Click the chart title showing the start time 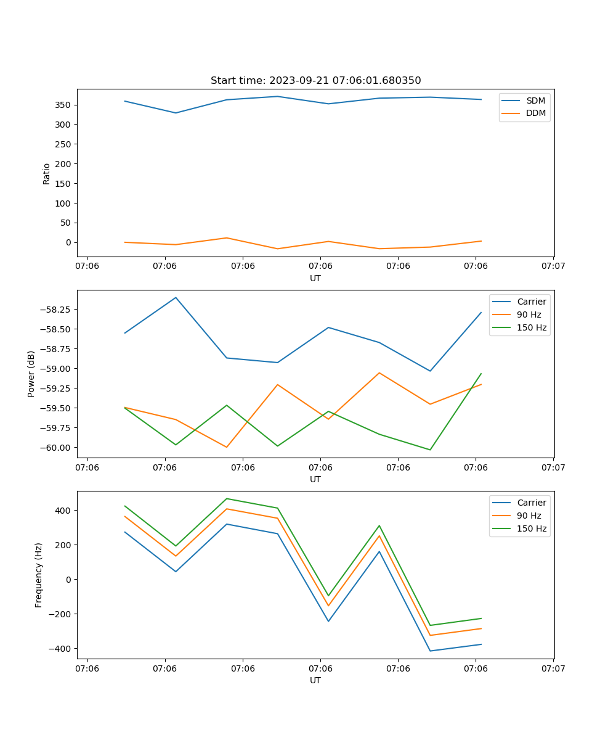coord(315,81)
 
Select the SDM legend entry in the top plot coord(535,101)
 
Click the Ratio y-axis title coord(47,173)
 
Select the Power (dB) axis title coord(31,374)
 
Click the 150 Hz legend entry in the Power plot coord(532,327)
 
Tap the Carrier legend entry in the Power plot coord(531,302)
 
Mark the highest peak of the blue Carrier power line coord(176,297)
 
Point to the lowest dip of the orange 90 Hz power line coord(227,447)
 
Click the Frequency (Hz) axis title coord(39,575)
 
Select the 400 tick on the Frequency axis coord(63,511)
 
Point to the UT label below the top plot coord(315,278)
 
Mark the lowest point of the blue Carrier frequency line coord(430,651)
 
